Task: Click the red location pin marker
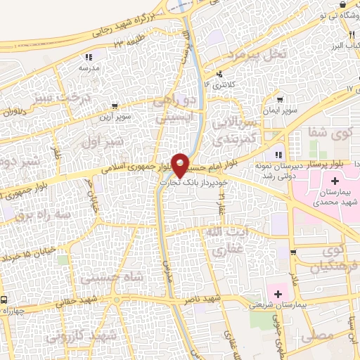[181, 165]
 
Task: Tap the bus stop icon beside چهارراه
[5, 300]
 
